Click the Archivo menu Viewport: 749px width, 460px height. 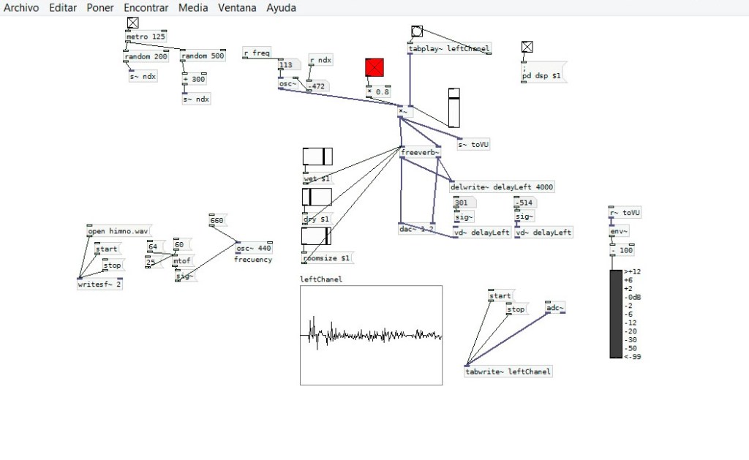point(21,8)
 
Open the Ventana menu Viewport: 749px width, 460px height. point(237,8)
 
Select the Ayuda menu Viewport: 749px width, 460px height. point(281,8)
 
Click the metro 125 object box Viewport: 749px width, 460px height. point(146,37)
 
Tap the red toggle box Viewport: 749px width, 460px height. point(374,68)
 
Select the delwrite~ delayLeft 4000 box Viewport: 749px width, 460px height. point(502,187)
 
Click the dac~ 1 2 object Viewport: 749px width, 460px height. point(417,229)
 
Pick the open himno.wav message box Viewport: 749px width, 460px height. point(117,232)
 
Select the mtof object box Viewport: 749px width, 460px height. point(181,260)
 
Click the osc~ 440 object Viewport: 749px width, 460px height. point(254,248)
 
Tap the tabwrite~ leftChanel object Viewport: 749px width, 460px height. point(508,372)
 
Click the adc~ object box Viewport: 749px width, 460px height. point(555,308)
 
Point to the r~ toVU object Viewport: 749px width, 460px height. point(625,213)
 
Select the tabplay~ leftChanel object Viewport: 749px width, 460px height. point(449,49)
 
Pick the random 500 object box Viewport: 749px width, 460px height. point(203,56)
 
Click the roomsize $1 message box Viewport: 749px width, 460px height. point(328,258)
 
